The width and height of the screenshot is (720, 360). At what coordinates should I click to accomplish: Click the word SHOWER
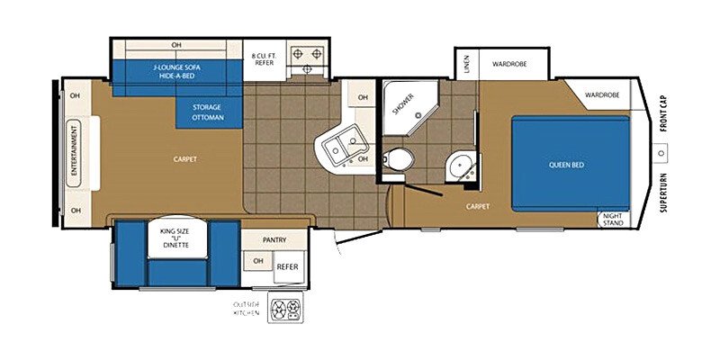(x=403, y=103)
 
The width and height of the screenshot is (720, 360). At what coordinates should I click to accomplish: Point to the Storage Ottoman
(x=208, y=112)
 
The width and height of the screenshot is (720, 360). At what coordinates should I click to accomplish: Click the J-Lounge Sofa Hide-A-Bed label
(x=176, y=71)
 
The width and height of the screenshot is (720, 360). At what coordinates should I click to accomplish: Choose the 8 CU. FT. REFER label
(x=264, y=59)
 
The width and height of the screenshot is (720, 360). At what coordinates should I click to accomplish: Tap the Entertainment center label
(x=74, y=153)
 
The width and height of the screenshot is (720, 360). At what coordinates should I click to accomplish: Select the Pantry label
(x=274, y=239)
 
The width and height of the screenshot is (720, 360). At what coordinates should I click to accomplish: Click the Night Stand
(x=614, y=220)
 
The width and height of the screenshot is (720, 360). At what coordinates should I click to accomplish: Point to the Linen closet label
(x=467, y=64)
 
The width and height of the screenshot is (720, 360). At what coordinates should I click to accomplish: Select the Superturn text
(x=663, y=192)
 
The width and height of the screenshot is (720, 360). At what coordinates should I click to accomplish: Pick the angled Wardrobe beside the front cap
(x=598, y=94)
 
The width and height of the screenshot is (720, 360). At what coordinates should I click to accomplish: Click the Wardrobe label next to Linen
(x=509, y=64)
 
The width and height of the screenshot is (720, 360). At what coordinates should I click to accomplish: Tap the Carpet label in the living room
(x=185, y=159)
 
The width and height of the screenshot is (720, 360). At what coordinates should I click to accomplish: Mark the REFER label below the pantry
(x=287, y=266)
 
